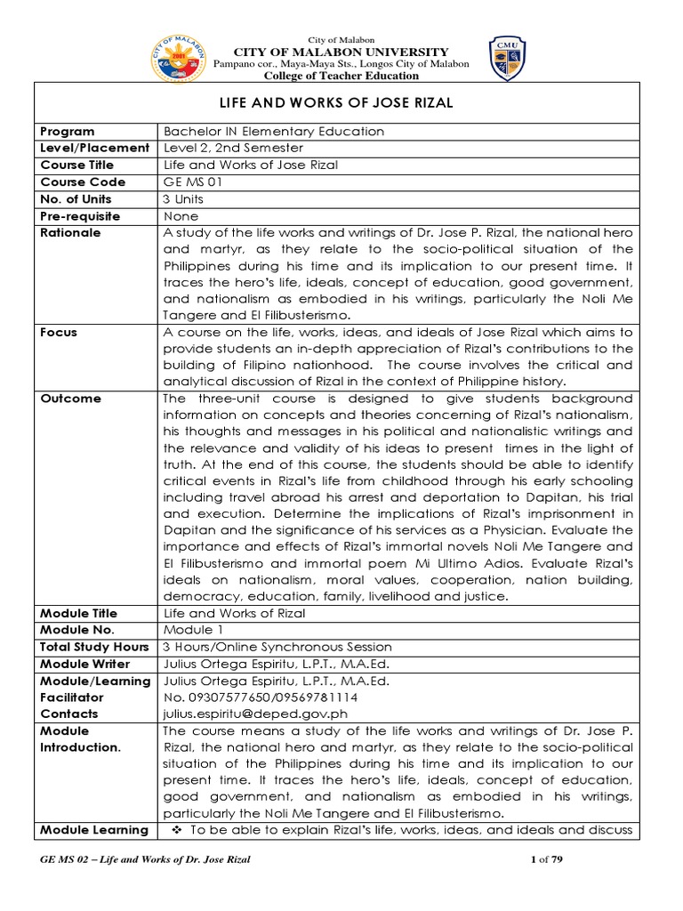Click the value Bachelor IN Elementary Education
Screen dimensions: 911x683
[x=274, y=132]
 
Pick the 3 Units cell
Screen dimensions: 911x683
[x=184, y=199]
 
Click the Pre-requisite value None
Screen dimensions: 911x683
[x=181, y=216]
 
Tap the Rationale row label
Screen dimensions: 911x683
[x=71, y=233]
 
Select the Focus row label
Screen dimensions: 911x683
[x=59, y=333]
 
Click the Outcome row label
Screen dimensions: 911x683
[x=71, y=399]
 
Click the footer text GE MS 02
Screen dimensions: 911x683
[x=67, y=859]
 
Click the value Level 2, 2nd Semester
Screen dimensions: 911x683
[x=234, y=149]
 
